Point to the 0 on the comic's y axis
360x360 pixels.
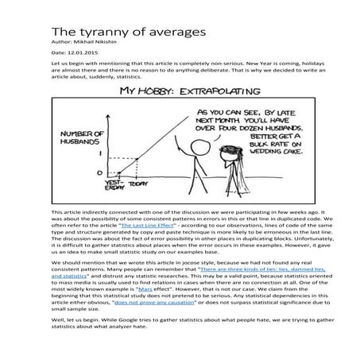100,171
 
